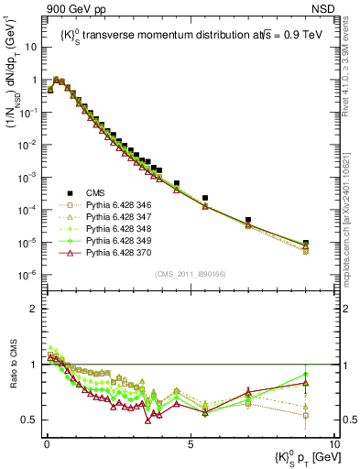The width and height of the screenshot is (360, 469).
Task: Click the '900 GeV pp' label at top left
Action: tap(69, 8)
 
